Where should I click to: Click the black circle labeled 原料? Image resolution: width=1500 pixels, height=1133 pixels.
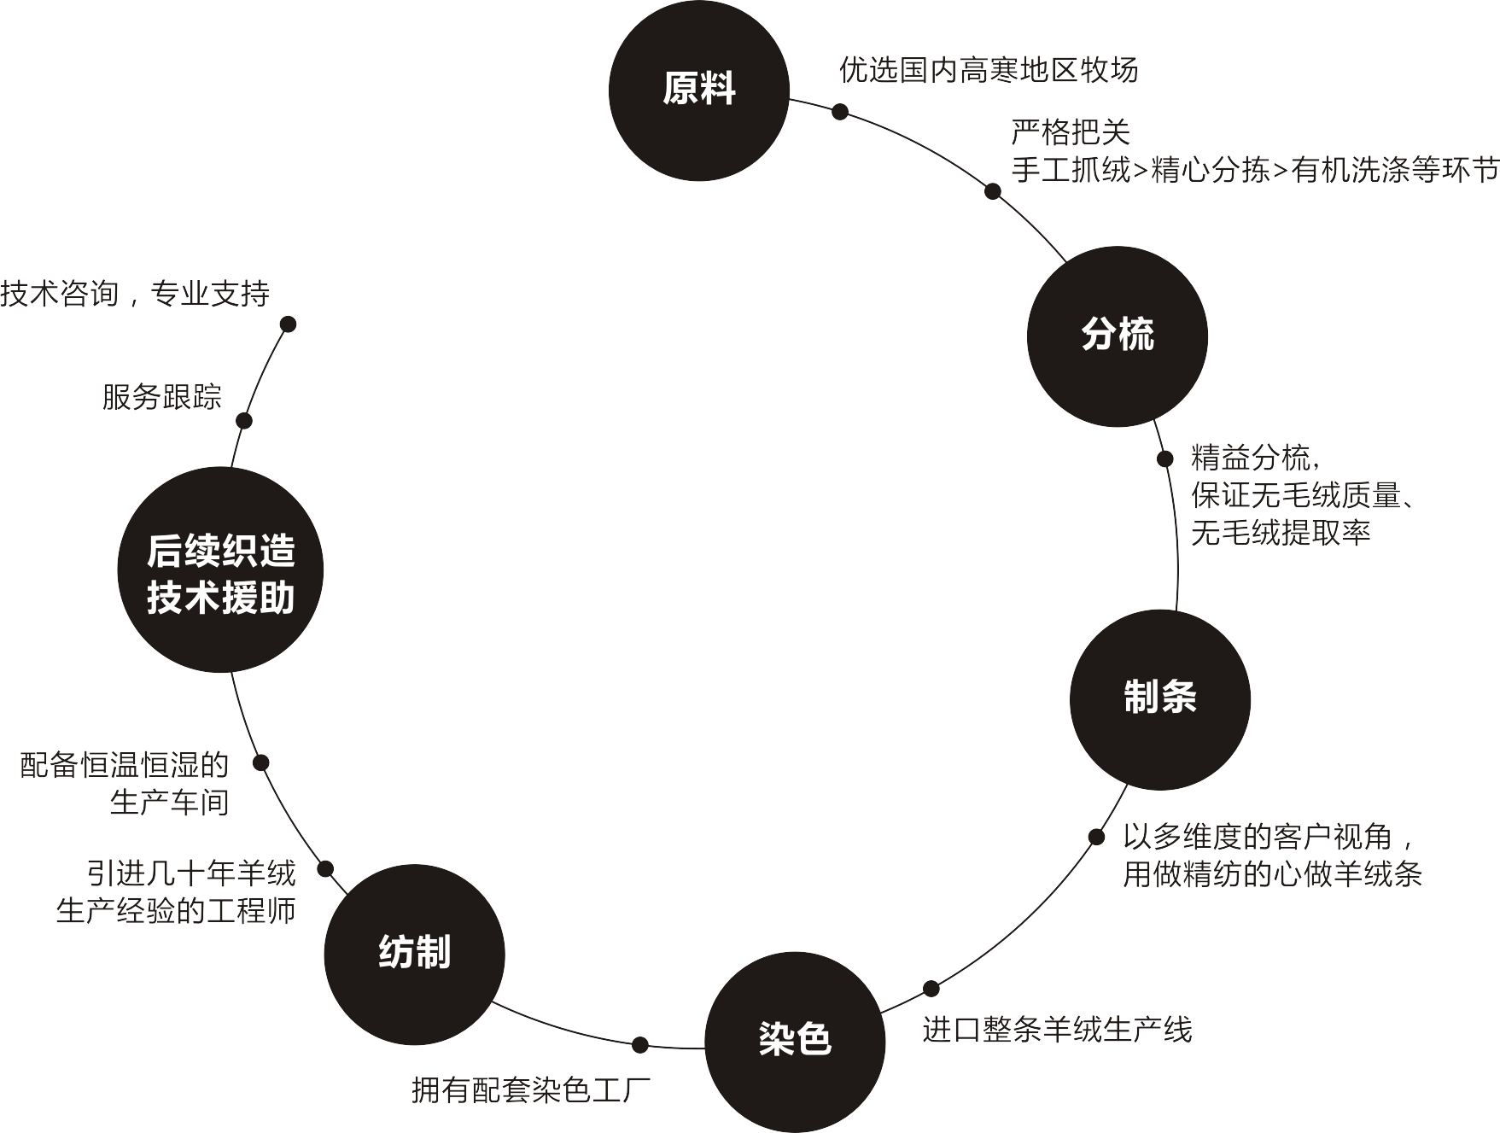698,91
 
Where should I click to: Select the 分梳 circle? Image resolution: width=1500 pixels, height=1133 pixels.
1117,336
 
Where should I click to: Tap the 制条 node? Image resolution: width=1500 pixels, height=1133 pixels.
1159,699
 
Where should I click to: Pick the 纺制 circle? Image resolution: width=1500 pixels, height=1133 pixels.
414,955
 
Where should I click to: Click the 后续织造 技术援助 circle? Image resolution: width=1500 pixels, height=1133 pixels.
220,570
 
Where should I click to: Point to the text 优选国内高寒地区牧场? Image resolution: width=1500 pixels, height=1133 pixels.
989,70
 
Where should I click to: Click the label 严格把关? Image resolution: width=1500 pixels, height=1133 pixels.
1071,133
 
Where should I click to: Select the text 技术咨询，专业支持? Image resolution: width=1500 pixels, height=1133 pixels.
135,295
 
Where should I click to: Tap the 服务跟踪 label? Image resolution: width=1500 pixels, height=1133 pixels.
161,397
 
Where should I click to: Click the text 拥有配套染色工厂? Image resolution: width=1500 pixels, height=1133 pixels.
531,1090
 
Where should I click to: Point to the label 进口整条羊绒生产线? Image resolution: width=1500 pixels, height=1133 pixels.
1057,1030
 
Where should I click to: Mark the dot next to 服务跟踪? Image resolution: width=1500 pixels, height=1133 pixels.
244,420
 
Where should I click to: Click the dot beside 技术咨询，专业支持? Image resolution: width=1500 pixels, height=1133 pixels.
289,324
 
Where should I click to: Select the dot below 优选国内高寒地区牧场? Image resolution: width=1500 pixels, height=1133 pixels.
840,111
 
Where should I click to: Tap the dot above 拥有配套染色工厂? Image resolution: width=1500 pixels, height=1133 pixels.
640,1044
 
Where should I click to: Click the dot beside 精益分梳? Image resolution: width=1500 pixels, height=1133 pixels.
1164,458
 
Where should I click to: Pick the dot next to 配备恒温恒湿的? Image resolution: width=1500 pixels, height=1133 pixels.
261,762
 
